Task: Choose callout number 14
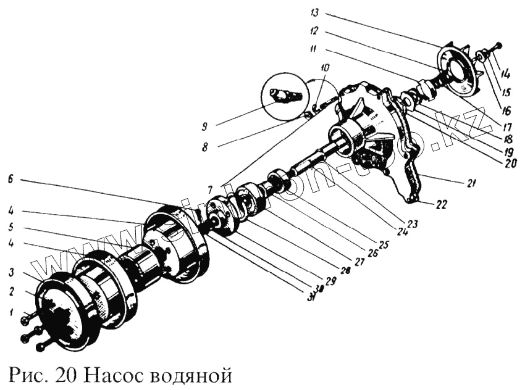(506, 75)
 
